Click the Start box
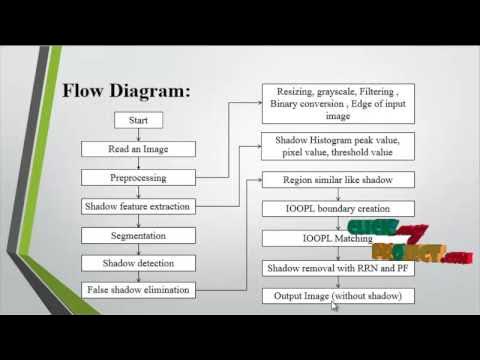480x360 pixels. pos(138,120)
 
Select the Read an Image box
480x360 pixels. pos(138,148)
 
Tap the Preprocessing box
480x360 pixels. pos(138,177)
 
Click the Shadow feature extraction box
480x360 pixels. pos(138,206)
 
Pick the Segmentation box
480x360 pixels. pos(138,235)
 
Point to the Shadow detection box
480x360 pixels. pos(138,263)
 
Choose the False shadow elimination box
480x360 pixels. pos(138,291)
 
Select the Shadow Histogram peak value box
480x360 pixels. pos(337,148)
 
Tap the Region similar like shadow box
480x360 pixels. pos(337,180)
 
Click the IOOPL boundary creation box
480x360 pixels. pos(337,209)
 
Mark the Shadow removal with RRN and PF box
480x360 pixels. pos(337,268)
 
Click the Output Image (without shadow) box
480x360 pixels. pos(337,296)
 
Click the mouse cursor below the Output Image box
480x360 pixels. pos(335,307)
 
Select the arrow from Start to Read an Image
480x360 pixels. pos(138,134)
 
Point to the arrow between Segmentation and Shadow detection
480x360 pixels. pos(138,249)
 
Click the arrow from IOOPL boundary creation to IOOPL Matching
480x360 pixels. pos(337,224)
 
